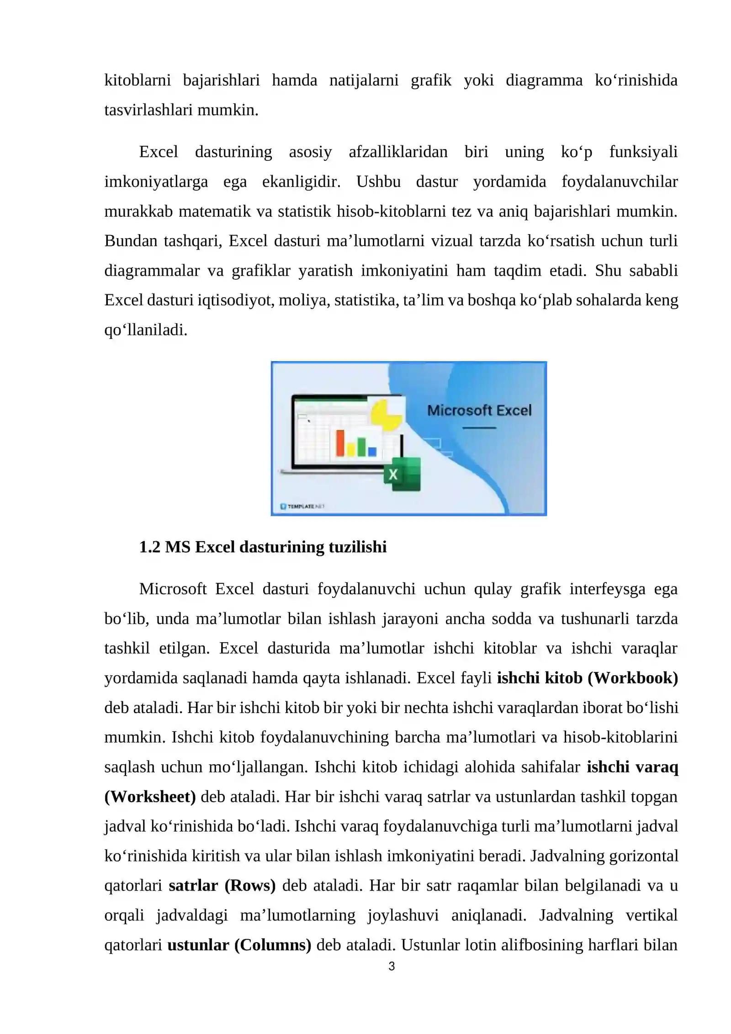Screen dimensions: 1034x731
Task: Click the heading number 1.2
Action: [149, 547]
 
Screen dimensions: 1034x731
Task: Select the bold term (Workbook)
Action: [632, 677]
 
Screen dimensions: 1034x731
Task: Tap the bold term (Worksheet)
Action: [150, 796]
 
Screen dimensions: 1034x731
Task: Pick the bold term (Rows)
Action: [249, 885]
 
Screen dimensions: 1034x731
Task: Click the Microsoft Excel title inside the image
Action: [479, 410]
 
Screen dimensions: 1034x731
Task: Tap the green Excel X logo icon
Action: [402, 474]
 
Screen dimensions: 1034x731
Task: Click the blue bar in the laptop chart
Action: [372, 451]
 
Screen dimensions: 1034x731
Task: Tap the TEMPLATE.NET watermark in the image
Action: [302, 506]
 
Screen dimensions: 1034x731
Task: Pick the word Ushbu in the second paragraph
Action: [378, 181]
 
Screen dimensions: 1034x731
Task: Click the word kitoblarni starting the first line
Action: [138, 80]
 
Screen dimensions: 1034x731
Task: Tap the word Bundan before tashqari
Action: [131, 240]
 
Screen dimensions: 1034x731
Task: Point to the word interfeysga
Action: [607, 589]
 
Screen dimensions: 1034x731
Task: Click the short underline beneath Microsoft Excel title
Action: [479, 428]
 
